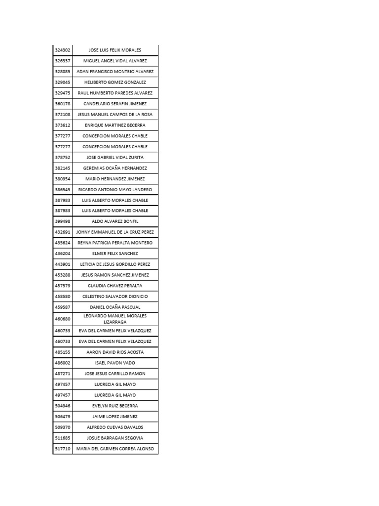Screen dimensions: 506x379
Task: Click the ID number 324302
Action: click(x=63, y=50)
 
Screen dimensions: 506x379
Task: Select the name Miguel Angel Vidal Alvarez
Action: click(x=115, y=61)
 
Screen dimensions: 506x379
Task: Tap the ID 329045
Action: click(x=63, y=82)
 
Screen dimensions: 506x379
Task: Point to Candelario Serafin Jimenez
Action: click(x=115, y=104)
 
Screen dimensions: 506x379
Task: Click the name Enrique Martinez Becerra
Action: click(x=115, y=125)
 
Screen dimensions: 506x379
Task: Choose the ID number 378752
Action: click(x=63, y=157)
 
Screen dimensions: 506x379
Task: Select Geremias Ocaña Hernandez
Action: click(x=115, y=168)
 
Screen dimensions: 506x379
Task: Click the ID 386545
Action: click(x=63, y=190)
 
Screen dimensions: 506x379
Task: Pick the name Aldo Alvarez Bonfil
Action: click(x=115, y=221)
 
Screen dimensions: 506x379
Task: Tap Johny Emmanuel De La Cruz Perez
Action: click(x=115, y=232)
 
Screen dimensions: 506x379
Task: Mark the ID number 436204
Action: click(x=63, y=253)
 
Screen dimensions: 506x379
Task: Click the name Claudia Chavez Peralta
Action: click(x=115, y=286)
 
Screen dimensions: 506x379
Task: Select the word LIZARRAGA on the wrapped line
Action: click(x=115, y=322)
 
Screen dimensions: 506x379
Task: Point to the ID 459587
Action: click(x=63, y=307)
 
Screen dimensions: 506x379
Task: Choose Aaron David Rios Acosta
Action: click(x=115, y=352)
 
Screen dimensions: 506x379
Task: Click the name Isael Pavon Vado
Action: click(x=115, y=363)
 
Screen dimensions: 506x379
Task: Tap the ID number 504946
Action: click(x=63, y=406)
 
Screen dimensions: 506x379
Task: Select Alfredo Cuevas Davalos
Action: click(x=115, y=427)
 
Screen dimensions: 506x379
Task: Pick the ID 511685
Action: click(x=63, y=438)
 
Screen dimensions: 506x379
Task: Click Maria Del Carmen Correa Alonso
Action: click(x=115, y=449)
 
